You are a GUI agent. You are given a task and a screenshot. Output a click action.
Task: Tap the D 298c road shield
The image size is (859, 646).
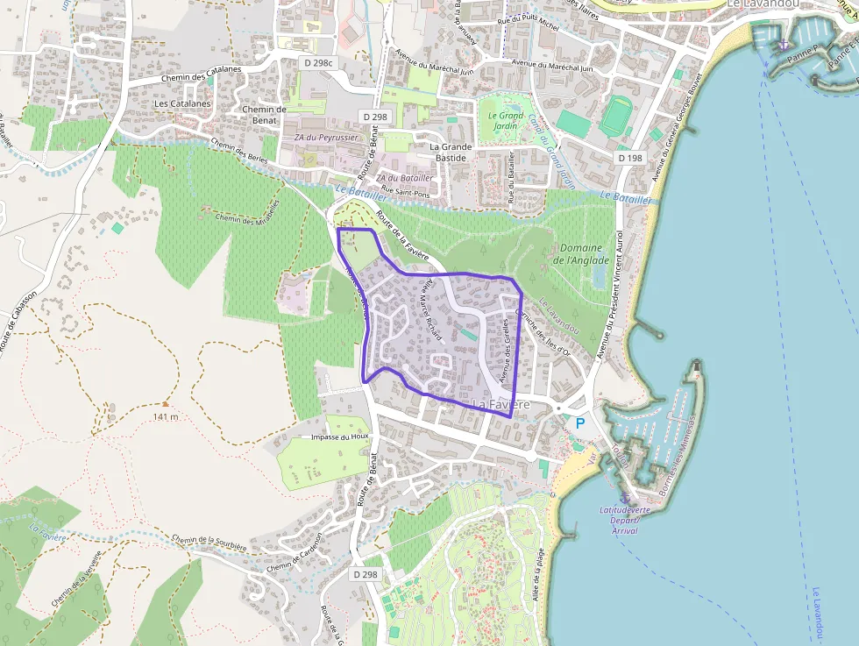pyautogui.click(x=319, y=63)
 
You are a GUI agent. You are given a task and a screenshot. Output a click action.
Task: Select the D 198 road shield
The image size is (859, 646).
pyautogui.click(x=629, y=158)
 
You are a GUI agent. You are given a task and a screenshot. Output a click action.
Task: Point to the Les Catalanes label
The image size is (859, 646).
pyautogui.click(x=182, y=103)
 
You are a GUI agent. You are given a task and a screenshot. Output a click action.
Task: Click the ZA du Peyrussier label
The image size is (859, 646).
pyautogui.click(x=326, y=138)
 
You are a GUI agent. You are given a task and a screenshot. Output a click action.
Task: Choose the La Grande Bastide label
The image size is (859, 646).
pyautogui.click(x=451, y=153)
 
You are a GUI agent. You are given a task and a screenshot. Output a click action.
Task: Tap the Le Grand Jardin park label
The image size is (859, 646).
pyautogui.click(x=506, y=121)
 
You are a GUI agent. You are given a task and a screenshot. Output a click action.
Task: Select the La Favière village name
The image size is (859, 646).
pyautogui.click(x=501, y=404)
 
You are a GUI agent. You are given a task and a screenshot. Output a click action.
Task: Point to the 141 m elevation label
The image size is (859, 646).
pyautogui.click(x=165, y=415)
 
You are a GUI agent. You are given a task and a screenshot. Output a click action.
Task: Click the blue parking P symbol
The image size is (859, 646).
pyautogui.click(x=579, y=422)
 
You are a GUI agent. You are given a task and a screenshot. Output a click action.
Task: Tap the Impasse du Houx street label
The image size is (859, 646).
pyautogui.click(x=341, y=436)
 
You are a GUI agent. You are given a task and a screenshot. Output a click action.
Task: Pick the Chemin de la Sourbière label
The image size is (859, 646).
pyautogui.click(x=209, y=543)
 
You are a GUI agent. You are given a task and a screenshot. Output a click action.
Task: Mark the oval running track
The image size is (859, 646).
pyautogui.click(x=616, y=116)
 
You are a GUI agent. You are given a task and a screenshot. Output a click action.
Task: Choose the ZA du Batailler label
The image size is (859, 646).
pyautogui.click(x=404, y=177)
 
